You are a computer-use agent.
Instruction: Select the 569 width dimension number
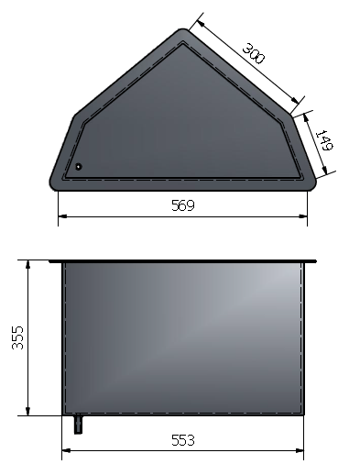(183, 205)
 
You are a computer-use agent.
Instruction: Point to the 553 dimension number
(183, 439)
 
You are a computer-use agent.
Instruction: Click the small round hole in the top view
(79, 167)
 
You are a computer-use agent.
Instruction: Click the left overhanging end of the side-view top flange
(51, 260)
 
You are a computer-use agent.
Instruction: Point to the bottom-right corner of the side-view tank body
(303, 414)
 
